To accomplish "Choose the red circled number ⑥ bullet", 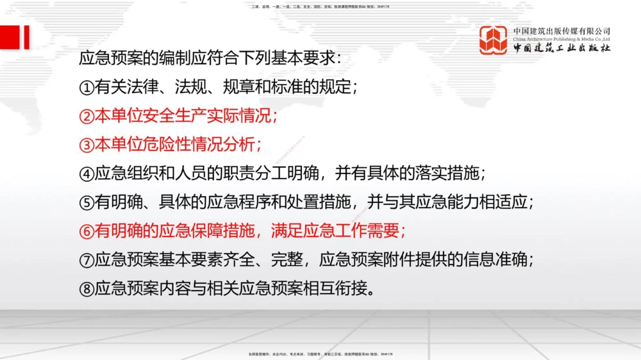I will [x=87, y=231].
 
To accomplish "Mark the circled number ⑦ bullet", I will [x=87, y=260].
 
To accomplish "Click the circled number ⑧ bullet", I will [x=87, y=289].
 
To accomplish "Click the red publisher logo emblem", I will [x=494, y=40].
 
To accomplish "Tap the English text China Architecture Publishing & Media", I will [x=562, y=39].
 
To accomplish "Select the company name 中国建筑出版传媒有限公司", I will [x=562, y=31].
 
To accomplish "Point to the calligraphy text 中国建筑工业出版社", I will [x=562, y=49].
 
